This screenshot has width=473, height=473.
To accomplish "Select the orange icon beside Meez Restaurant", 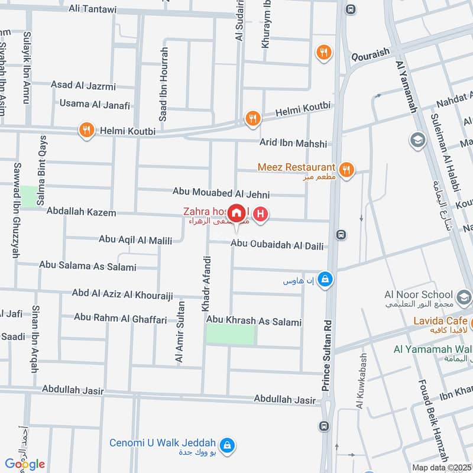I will coord(347,170).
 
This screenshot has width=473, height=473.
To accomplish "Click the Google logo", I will coord(25,464).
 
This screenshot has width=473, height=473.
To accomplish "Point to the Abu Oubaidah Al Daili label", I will coord(277,245).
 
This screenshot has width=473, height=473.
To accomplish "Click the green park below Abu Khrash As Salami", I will coord(231,335).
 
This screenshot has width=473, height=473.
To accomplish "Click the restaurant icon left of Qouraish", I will coord(323,53).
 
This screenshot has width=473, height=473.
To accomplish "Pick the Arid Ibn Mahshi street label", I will coord(293,143).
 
